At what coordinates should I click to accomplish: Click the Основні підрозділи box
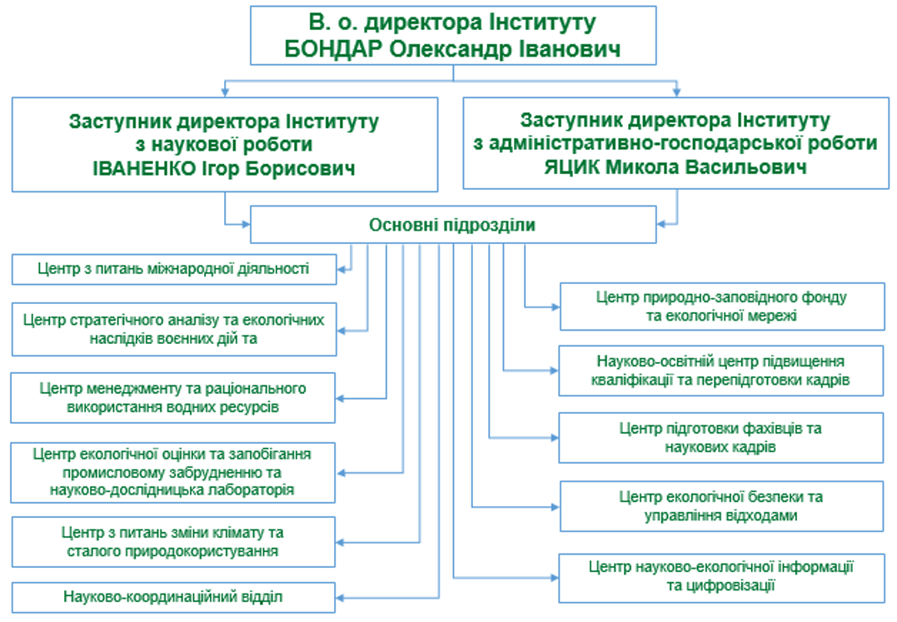pos(452,225)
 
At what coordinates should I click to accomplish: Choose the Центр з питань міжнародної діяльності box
pos(173,269)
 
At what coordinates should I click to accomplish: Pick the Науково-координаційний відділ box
pos(173,596)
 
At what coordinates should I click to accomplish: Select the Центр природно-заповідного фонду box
pos(721,306)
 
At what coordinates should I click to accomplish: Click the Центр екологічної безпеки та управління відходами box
pos(721,506)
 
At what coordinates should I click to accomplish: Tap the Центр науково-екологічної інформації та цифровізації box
pos(721,576)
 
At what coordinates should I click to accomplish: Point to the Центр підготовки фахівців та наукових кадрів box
pos(721,438)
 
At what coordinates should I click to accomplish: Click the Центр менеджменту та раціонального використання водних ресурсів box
pos(173,398)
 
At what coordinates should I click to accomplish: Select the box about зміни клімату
pos(173,540)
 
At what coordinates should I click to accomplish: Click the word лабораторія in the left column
pos(247,490)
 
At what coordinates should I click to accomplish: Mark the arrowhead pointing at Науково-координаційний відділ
pos(342,596)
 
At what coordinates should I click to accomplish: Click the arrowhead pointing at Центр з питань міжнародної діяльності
pos(342,269)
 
